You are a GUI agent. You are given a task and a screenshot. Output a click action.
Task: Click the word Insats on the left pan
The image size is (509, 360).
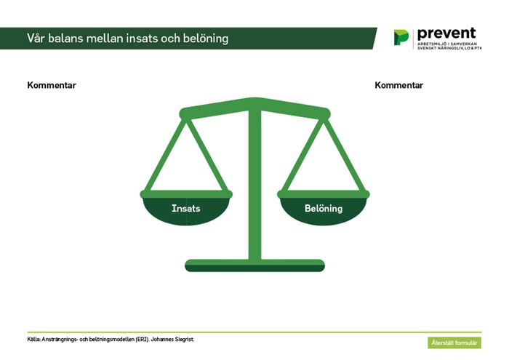[185, 209]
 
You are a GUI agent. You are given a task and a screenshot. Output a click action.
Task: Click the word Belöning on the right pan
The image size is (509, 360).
[324, 209]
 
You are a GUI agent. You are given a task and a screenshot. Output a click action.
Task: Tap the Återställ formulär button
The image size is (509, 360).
[454, 343]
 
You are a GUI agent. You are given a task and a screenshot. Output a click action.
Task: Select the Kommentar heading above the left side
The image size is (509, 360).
[52, 85]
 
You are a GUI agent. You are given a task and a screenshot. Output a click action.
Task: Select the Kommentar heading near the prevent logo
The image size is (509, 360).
[398, 85]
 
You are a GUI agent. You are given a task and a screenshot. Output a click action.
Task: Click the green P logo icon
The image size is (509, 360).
[401, 37]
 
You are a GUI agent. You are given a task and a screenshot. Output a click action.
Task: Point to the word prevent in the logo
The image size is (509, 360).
[446, 33]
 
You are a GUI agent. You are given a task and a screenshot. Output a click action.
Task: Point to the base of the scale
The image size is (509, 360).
[254, 265]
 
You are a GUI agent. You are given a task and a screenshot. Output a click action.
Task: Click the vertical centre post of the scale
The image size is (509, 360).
[254, 185]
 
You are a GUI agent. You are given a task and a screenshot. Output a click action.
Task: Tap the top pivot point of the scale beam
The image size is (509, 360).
[254, 101]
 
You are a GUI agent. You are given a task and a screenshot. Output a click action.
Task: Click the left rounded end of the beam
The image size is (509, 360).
[185, 113]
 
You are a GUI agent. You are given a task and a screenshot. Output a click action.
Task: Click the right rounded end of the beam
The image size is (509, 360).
[325, 113]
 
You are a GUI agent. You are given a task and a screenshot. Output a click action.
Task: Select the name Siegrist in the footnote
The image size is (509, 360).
[185, 340]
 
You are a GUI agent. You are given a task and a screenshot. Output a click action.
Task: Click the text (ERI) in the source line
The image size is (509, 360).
[143, 340]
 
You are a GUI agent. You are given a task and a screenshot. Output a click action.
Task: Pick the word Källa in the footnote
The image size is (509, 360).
[33, 340]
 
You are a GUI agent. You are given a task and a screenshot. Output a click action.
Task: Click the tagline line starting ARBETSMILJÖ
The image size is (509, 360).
[447, 44]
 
